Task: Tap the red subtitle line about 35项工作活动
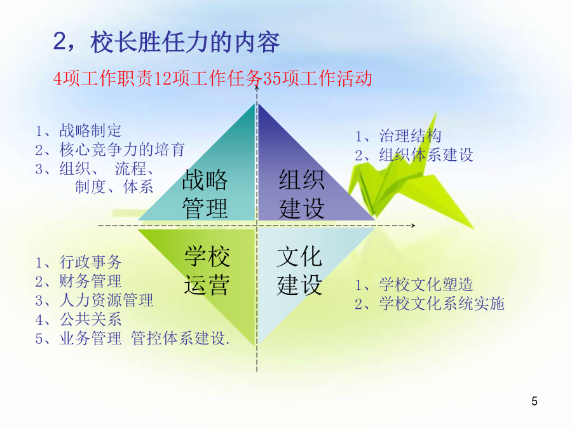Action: (213, 78)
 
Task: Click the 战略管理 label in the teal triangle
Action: (205, 194)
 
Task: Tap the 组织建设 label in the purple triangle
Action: (302, 194)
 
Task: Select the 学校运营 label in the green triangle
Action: (207, 270)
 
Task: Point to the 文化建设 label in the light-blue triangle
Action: (299, 270)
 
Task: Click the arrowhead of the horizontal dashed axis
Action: (414, 226)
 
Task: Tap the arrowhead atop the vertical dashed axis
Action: (257, 87)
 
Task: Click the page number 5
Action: (535, 401)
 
